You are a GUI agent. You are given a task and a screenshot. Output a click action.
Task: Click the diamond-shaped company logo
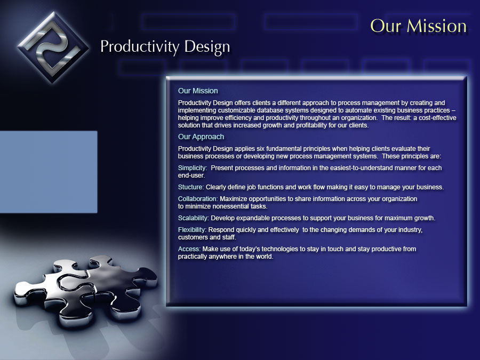[53, 47]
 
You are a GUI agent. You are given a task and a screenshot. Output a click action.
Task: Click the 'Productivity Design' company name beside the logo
[165, 47]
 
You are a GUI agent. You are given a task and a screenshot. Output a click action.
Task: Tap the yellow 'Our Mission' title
[419, 26]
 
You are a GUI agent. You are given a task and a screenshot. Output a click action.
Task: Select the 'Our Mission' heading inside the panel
[198, 91]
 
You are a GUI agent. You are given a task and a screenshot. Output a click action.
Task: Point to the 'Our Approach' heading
[201, 137]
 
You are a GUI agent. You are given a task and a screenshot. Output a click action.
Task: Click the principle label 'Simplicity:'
[193, 168]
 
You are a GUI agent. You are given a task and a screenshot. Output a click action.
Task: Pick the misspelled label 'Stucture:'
[191, 187]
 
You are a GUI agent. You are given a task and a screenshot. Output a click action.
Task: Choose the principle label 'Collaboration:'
[198, 199]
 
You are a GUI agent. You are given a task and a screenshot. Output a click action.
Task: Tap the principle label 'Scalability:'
[194, 218]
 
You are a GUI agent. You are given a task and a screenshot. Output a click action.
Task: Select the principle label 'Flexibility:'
[192, 229]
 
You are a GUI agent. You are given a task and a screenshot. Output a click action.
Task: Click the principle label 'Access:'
[189, 249]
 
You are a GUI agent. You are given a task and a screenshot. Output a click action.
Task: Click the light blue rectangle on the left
[49, 172]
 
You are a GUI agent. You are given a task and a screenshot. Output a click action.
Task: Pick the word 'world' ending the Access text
[265, 257]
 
